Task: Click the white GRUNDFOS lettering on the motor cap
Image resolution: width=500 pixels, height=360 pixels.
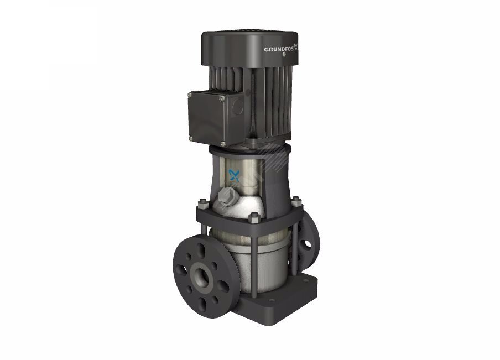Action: coord(278,49)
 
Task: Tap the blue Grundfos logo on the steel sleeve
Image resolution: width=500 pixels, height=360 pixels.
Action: coord(234,175)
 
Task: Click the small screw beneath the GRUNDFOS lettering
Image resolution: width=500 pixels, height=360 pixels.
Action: coord(284,54)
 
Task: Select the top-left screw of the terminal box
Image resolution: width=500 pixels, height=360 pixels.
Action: coord(190,95)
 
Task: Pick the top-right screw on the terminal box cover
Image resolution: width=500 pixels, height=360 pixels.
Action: coord(222,99)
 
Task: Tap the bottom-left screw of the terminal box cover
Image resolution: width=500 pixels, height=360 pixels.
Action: coord(191,138)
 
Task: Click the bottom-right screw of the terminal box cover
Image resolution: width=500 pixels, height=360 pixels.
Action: coord(222,144)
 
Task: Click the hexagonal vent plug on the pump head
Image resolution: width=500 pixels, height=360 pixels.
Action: coord(227,195)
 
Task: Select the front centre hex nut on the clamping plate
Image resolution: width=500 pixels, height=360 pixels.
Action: coord(254,217)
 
